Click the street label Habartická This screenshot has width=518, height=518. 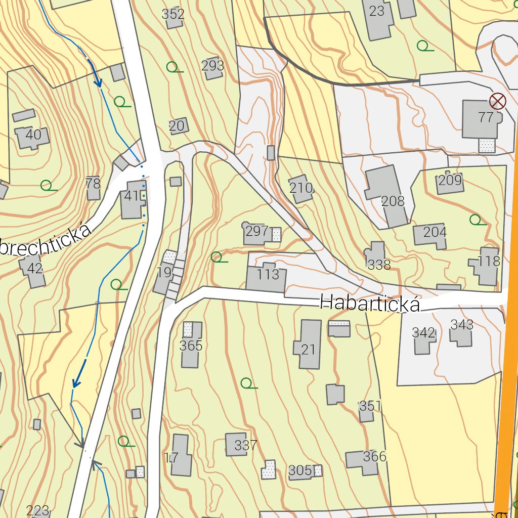pos(370,304)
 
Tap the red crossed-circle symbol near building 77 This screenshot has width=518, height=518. pos(498,101)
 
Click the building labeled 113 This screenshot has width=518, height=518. pos(267,277)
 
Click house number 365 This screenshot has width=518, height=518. pos(191,346)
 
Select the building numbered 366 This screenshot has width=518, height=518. pos(364,460)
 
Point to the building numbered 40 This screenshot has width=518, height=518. pos(32,137)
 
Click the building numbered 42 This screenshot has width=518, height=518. pos(33,270)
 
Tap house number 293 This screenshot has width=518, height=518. pos(212,67)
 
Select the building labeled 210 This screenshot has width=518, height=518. pos(301,189)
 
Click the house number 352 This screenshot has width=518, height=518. pos(173,15)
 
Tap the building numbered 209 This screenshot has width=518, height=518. pos(450,182)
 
